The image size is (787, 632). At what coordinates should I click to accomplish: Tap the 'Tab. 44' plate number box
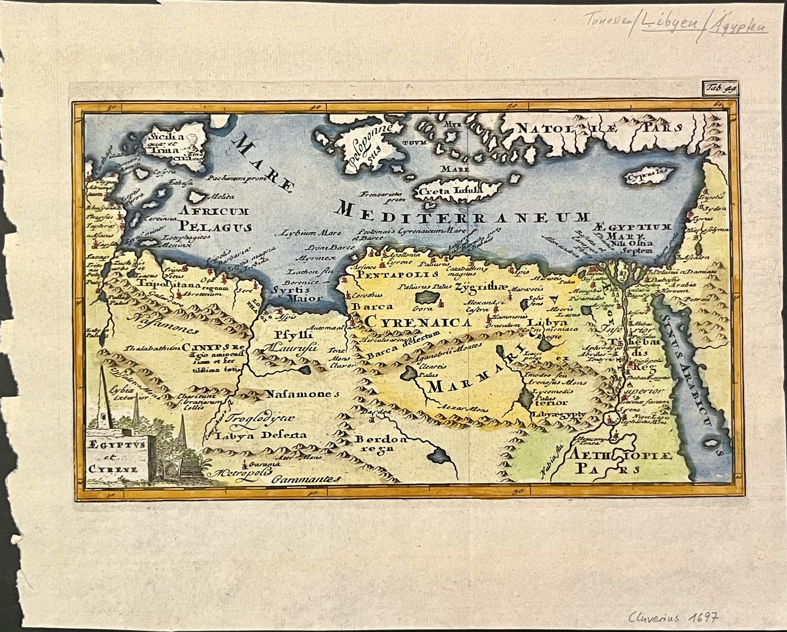pos(718,86)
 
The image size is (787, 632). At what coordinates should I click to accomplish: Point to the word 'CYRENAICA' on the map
pos(418,322)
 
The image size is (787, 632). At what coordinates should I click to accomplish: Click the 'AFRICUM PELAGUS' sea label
pos(216,219)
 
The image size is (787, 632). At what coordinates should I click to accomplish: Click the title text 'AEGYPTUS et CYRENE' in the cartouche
pos(115,456)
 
